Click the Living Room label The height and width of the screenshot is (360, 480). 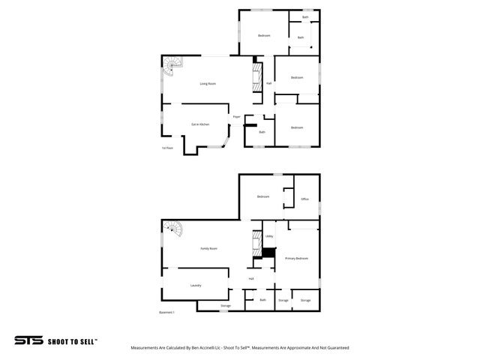(x=208, y=83)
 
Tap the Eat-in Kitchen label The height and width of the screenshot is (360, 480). (x=199, y=124)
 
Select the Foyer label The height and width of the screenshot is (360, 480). (x=236, y=117)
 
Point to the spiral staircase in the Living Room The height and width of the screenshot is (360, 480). (x=174, y=64)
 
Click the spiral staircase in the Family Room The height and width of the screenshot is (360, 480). (x=174, y=229)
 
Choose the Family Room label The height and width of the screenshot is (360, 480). (x=208, y=248)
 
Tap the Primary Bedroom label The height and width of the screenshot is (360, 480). (x=296, y=258)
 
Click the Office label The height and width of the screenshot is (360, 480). (x=304, y=199)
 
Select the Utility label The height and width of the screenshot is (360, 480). (x=268, y=236)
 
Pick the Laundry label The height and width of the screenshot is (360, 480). (x=196, y=285)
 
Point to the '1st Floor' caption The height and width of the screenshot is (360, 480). (x=167, y=148)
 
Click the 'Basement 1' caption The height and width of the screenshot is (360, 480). (x=166, y=312)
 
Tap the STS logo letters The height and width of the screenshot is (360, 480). (x=28, y=340)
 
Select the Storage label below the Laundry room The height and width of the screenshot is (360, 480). (x=225, y=306)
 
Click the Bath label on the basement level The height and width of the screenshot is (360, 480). (x=262, y=300)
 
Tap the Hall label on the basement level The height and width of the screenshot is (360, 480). (x=251, y=278)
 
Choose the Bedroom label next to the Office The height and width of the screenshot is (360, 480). (x=262, y=196)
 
